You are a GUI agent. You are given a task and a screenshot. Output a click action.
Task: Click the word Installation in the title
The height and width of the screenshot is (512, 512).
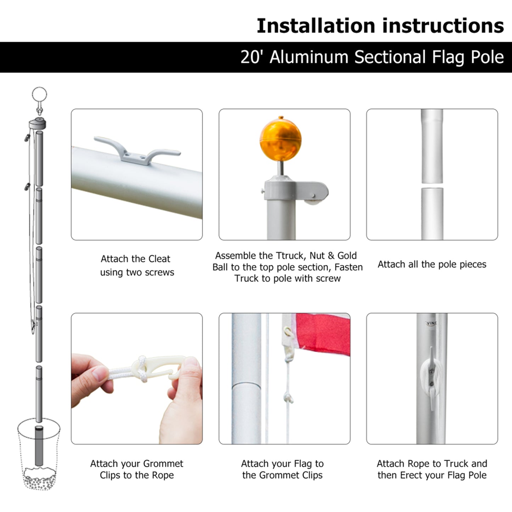pyautogui.click(x=315, y=26)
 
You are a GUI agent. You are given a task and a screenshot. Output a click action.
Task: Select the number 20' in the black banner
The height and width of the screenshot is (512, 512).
pyautogui.click(x=251, y=57)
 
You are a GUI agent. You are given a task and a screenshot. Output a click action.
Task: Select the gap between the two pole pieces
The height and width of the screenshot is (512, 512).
pyautogui.click(x=432, y=185)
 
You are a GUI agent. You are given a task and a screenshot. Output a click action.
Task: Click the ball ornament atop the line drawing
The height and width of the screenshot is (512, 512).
pyautogui.click(x=39, y=95)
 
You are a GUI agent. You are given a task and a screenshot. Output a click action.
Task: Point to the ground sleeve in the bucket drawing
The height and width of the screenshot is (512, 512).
pyautogui.click(x=38, y=446)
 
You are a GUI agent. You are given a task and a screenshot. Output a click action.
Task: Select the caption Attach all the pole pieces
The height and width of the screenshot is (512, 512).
pyautogui.click(x=432, y=264)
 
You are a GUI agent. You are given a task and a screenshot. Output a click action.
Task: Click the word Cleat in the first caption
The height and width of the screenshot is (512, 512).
pyautogui.click(x=159, y=259)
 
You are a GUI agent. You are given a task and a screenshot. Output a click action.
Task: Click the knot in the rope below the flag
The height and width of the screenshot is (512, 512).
pyautogui.click(x=288, y=398)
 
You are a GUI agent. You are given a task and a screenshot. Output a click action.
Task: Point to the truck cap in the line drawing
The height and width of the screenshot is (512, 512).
pyautogui.click(x=38, y=124)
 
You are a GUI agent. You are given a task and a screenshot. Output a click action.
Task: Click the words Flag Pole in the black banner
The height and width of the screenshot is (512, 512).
pyautogui.click(x=468, y=57)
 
